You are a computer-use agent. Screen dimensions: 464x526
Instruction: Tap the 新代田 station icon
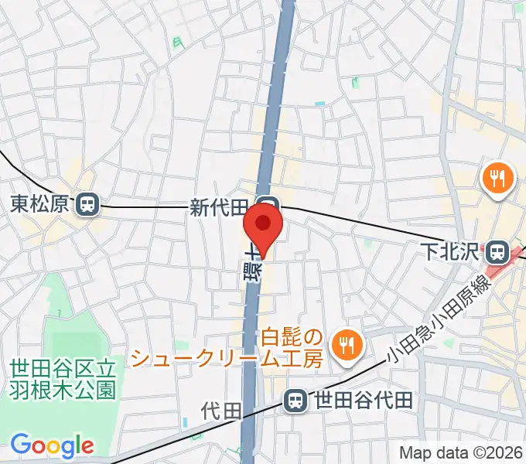268,206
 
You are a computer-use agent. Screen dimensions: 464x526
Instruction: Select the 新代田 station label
220,206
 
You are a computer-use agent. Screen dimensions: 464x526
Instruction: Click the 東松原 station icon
87,205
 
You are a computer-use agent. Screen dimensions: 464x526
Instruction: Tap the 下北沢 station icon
497,252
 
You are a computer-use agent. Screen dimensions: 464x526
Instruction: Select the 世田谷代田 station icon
294,400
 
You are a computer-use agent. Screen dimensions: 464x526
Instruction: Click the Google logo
52,445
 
